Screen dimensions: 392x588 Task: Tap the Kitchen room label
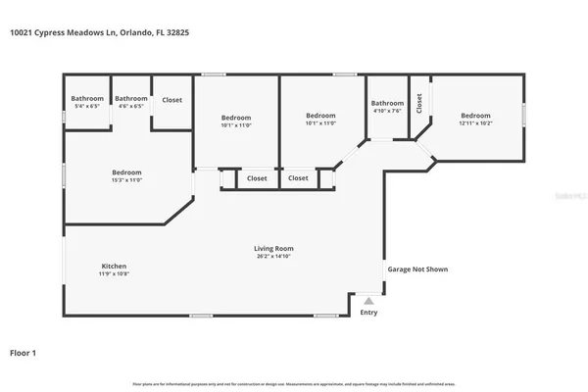pos(114,266)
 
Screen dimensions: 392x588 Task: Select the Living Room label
pos(273,248)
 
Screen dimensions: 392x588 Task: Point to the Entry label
pos(368,313)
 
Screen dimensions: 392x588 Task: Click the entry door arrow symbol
pos(368,302)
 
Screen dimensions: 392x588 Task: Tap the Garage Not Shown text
pos(417,269)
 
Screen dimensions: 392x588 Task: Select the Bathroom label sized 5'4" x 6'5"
pos(87,98)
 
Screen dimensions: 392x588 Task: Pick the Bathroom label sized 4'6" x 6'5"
pos(131,98)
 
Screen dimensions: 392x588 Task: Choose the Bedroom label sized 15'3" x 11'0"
pos(126,172)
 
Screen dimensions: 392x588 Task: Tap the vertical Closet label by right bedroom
pos(419,102)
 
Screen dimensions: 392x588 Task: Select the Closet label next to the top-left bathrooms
pos(171,99)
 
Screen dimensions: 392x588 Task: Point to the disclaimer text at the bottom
pos(294,382)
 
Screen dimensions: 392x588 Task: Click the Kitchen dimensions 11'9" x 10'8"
pos(114,273)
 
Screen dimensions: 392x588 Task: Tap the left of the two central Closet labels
pos(257,178)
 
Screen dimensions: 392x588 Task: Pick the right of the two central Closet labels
pos(299,178)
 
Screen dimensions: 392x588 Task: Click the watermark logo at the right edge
pos(571,196)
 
